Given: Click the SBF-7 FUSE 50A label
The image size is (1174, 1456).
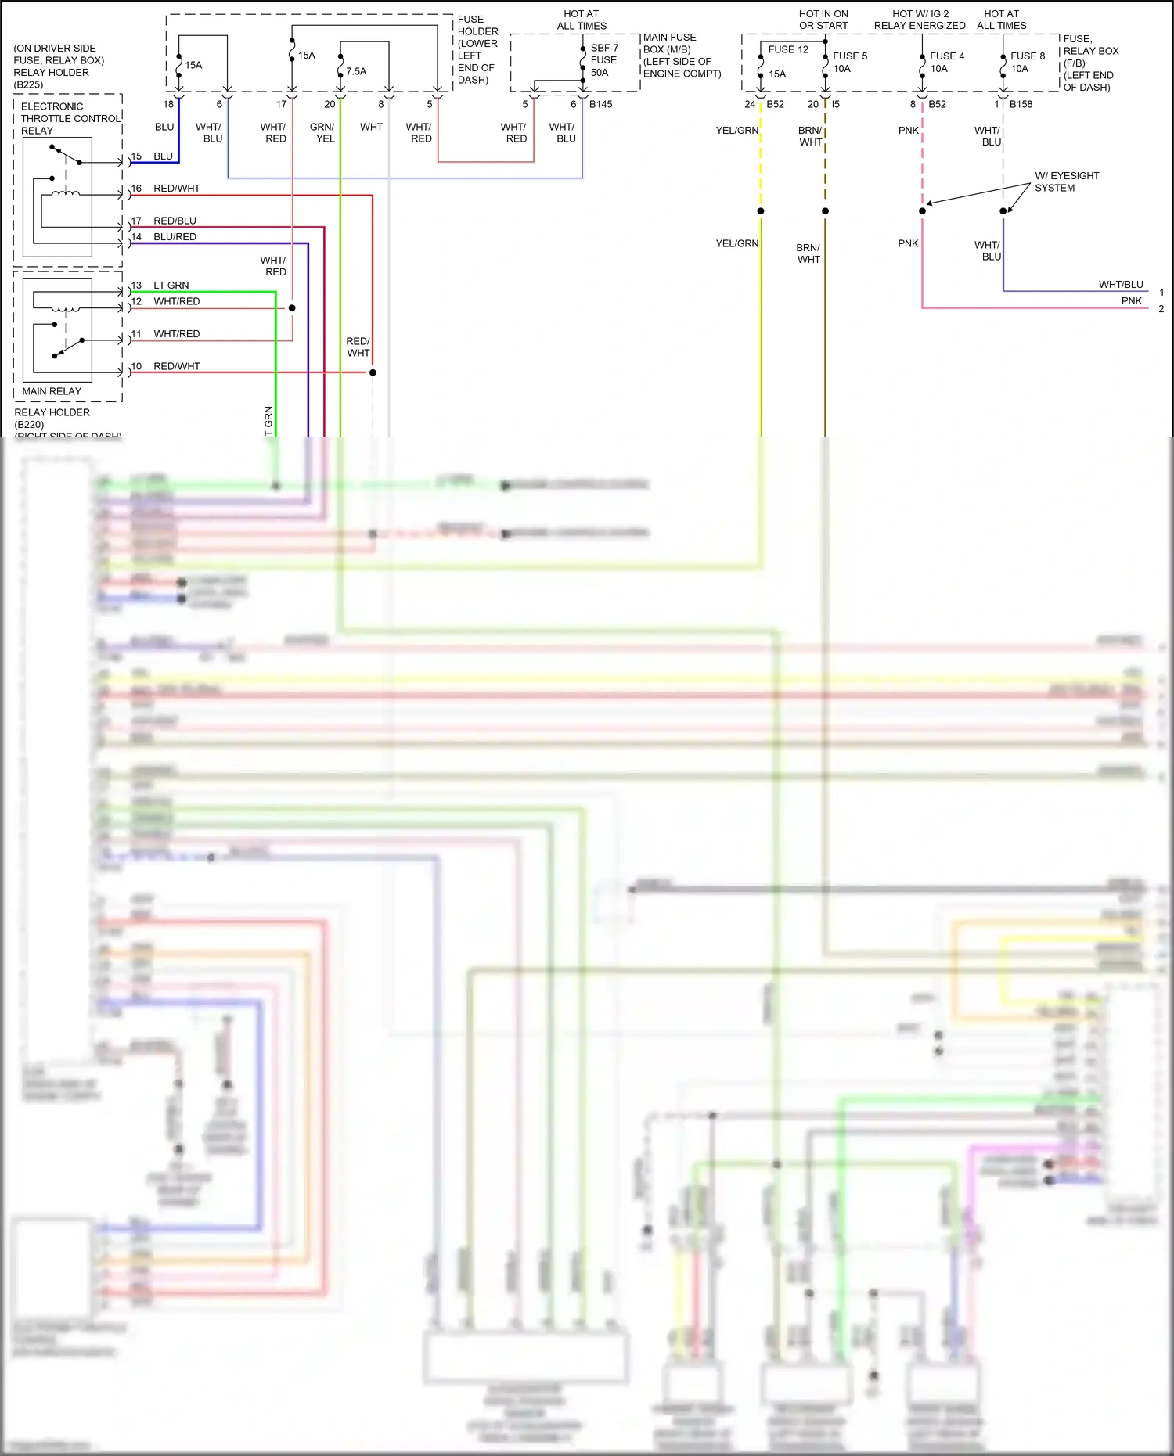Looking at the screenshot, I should click(x=603, y=60).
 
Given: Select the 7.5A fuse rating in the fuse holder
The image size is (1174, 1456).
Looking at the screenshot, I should click(x=356, y=71).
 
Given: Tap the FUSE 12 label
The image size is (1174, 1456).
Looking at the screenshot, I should click(x=788, y=49).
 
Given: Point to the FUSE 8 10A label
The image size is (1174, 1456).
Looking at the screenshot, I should click(x=1027, y=63).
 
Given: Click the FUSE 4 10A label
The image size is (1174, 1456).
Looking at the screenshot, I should click(x=946, y=63).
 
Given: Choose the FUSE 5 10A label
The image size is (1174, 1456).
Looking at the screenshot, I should click(x=849, y=63).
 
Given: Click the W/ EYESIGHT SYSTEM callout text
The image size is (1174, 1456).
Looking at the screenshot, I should click(x=1066, y=182).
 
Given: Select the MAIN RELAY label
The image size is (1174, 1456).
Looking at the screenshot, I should click(x=52, y=391).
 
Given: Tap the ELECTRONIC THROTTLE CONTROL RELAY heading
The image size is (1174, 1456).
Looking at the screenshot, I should click(x=70, y=118).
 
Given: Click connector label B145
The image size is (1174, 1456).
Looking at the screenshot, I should click(x=600, y=104).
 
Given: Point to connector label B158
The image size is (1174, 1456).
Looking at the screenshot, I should click(x=1021, y=104).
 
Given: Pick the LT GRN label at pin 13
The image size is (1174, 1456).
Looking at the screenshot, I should click(x=171, y=286).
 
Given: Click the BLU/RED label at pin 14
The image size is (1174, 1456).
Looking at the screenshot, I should click(x=175, y=237).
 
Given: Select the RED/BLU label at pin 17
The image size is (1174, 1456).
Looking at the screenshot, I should click(x=175, y=221).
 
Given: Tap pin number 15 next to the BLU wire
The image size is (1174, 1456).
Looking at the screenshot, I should click(x=136, y=156).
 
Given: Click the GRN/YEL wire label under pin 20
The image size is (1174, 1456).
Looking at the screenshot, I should click(x=322, y=132).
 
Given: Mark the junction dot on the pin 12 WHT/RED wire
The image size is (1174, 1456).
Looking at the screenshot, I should click(x=292, y=308).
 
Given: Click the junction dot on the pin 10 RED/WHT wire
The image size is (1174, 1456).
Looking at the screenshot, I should click(x=373, y=372).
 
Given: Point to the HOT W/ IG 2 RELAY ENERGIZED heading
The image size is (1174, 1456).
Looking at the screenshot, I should click(x=920, y=20).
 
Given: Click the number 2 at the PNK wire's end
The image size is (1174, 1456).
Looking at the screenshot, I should click(x=1161, y=309).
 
